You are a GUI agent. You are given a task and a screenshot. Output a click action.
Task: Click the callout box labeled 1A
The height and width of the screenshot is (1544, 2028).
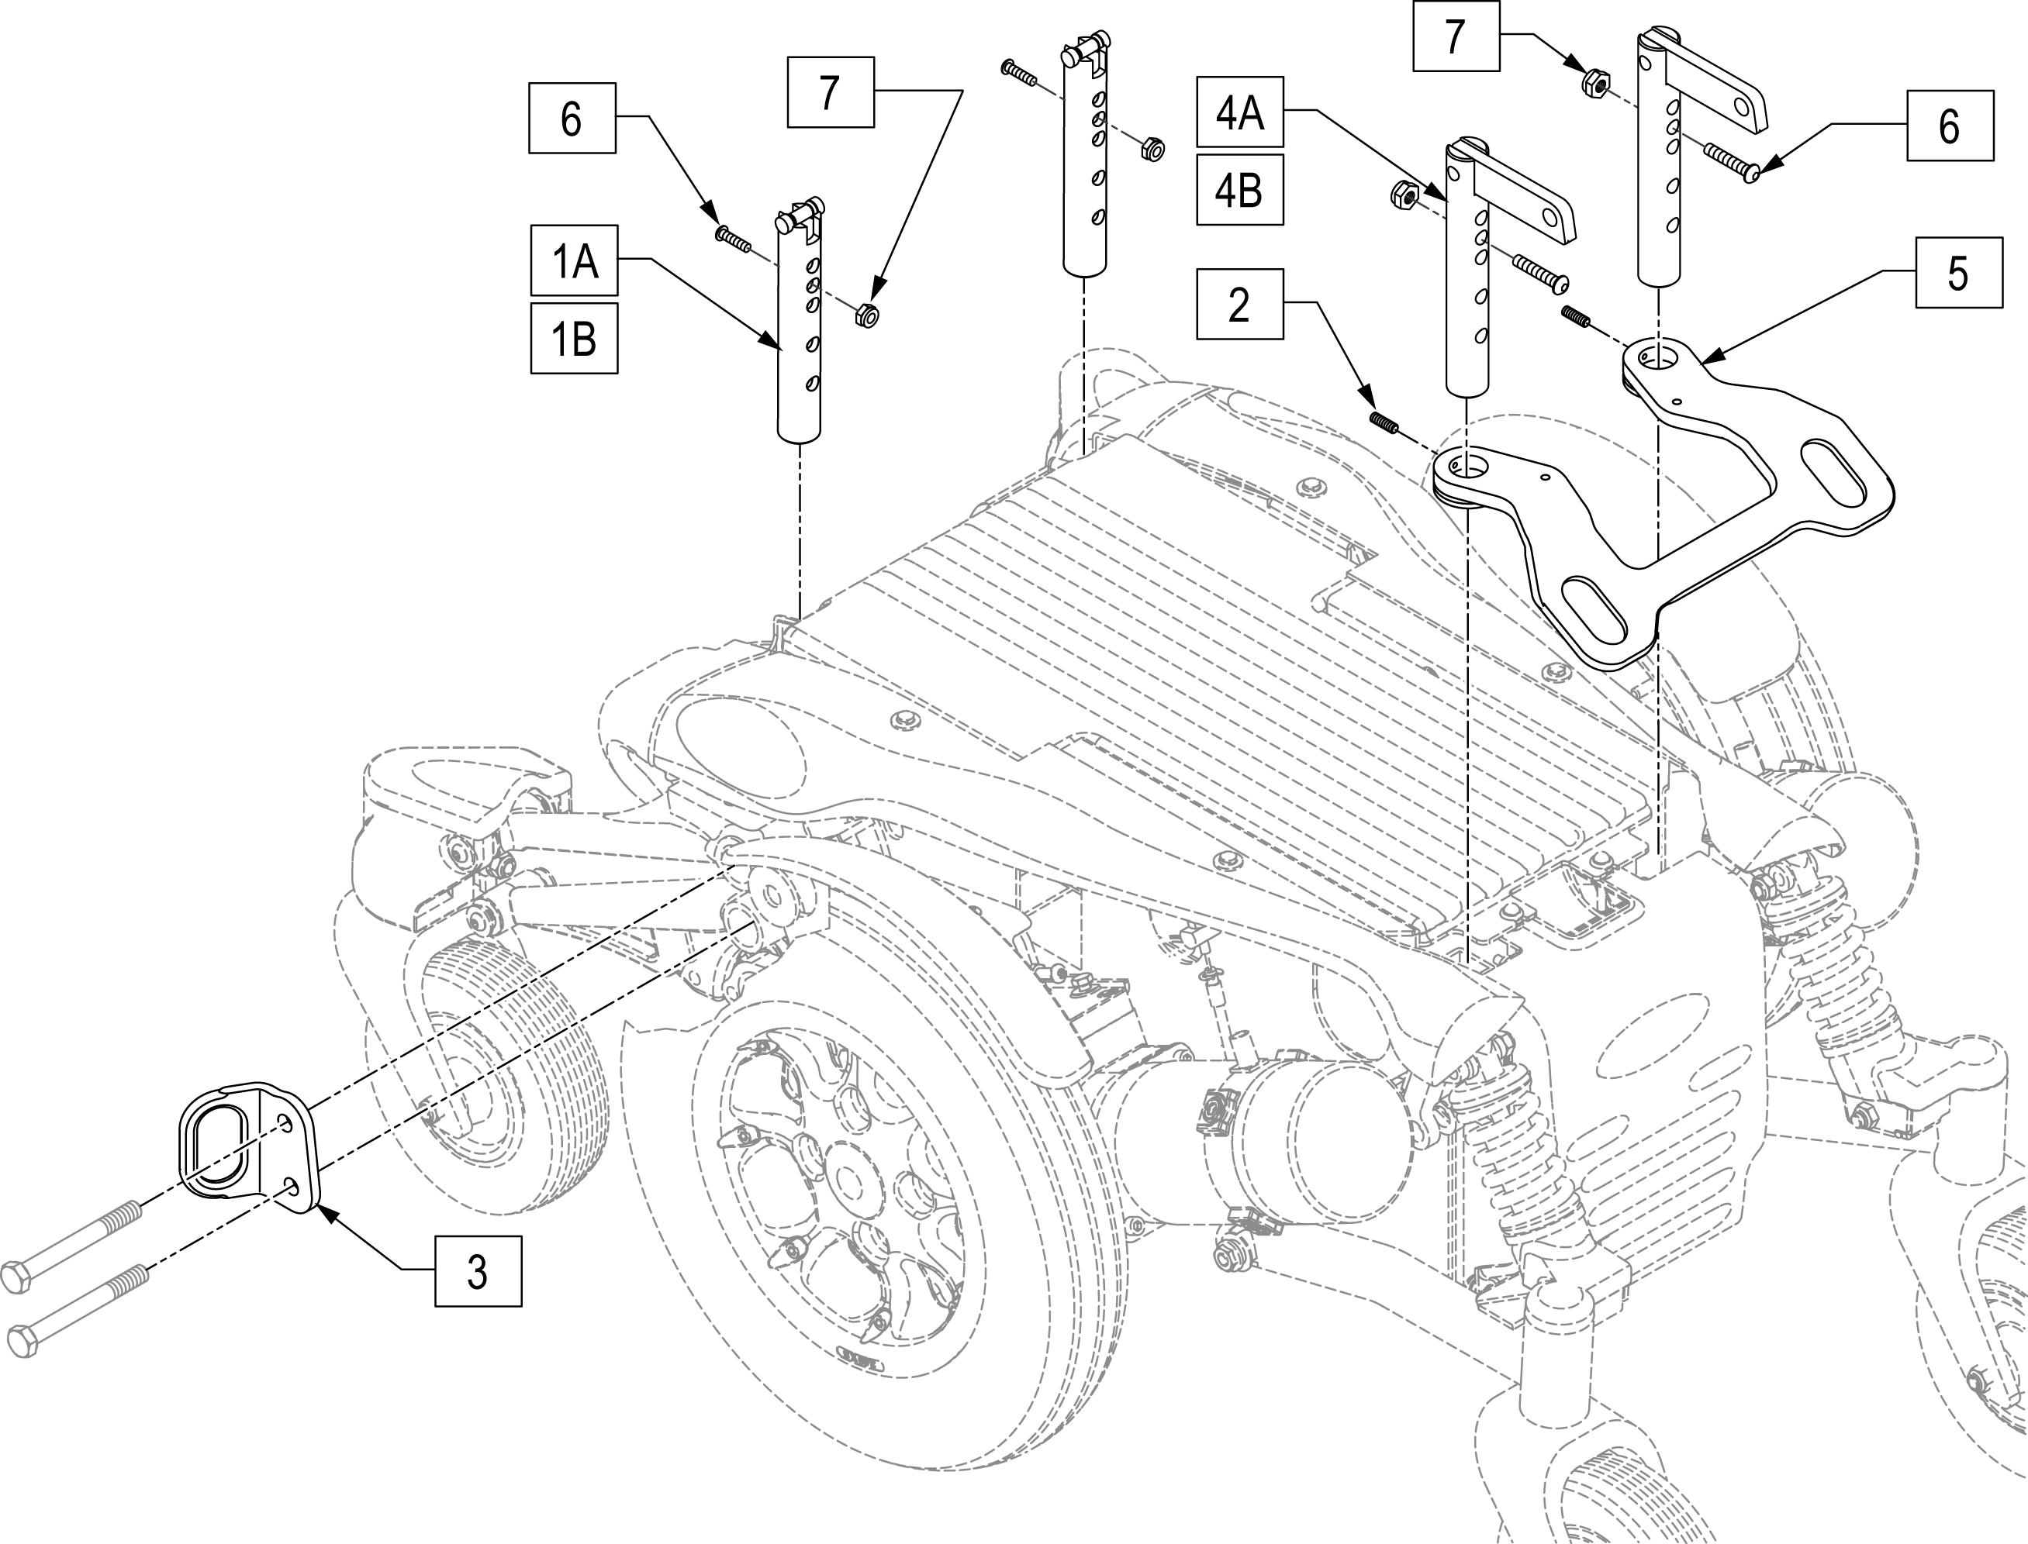[x=574, y=262]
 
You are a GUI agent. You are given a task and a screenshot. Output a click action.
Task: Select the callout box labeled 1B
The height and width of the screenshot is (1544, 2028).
[x=574, y=338]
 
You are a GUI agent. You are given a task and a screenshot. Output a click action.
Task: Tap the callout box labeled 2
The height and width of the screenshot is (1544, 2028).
[x=1239, y=304]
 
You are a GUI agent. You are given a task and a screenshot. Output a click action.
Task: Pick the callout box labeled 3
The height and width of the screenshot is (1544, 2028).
[x=477, y=1271]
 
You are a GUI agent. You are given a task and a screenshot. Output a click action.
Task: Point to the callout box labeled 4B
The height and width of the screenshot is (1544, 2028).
[x=1239, y=190]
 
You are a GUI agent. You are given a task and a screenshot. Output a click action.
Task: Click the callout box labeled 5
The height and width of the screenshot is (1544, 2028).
[x=1958, y=273]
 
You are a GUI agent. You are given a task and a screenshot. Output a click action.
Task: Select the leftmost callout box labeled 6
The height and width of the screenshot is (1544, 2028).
[x=571, y=119]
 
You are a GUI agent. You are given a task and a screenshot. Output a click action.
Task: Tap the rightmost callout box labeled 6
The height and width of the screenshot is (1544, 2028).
[x=1950, y=125]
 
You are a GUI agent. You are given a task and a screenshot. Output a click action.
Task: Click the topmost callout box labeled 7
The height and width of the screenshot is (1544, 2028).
[x=1455, y=36]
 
